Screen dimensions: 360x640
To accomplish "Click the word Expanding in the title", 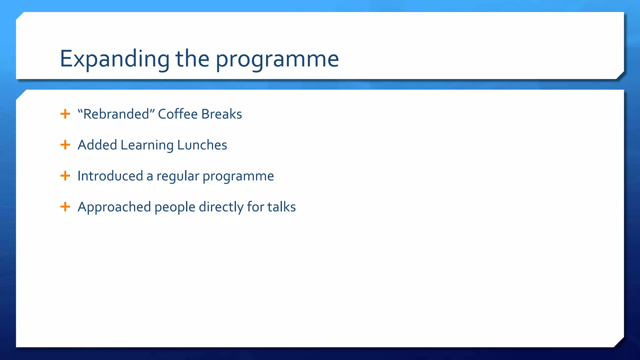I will click(114, 59).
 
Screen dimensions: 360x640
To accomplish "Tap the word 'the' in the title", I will click(192, 59).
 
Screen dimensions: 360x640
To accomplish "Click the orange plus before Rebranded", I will click(65, 114).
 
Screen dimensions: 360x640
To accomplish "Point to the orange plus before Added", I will click(65, 145).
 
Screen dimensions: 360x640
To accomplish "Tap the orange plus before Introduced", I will click(65, 176).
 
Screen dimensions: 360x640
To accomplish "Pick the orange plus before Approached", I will click(65, 207).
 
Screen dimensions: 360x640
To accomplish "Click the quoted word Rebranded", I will click(116, 114).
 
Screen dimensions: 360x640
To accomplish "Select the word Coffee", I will click(177, 114).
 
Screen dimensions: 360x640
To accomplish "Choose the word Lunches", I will click(202, 145).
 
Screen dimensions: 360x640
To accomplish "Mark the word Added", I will click(97, 145).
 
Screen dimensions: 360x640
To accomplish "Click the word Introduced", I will click(110, 176).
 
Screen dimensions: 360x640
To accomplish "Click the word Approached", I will click(114, 207).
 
